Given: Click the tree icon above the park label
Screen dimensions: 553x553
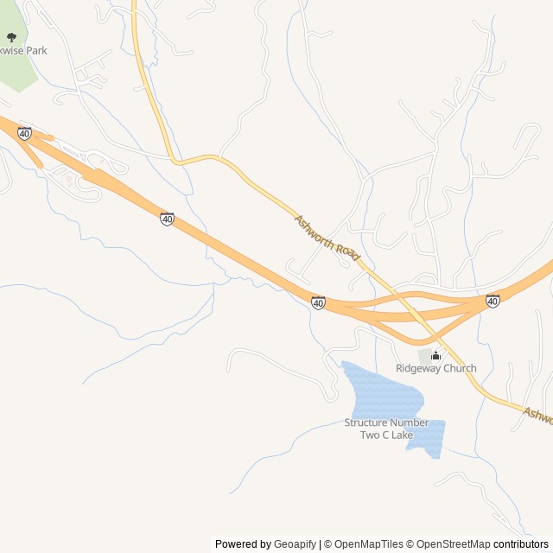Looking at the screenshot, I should click(x=11, y=37).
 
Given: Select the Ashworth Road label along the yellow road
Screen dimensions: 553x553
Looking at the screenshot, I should click(x=327, y=238).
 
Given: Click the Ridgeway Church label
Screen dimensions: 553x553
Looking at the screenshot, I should click(x=435, y=368).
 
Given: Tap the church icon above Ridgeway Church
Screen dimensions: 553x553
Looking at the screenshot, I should click(x=436, y=355).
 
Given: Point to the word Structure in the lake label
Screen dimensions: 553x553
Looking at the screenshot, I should click(x=365, y=423).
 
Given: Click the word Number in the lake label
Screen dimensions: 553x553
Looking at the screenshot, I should click(x=409, y=423).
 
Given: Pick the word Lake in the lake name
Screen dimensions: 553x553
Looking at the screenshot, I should click(x=402, y=435).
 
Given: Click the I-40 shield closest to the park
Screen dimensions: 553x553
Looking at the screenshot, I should click(x=24, y=133).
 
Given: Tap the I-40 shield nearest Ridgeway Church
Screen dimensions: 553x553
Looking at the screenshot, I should click(x=493, y=301).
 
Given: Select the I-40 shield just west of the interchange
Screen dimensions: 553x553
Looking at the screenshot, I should click(x=318, y=302).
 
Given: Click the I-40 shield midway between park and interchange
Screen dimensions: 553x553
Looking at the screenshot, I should click(x=167, y=219).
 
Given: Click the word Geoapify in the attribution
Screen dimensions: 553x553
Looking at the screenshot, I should click(x=295, y=544).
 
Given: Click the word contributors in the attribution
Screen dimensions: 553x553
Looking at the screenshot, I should click(x=522, y=544).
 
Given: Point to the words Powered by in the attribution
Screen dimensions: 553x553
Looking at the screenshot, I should click(x=243, y=544).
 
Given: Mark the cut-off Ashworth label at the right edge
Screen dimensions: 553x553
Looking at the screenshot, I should click(x=537, y=415).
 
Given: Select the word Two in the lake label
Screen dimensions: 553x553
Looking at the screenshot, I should click(x=370, y=435).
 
